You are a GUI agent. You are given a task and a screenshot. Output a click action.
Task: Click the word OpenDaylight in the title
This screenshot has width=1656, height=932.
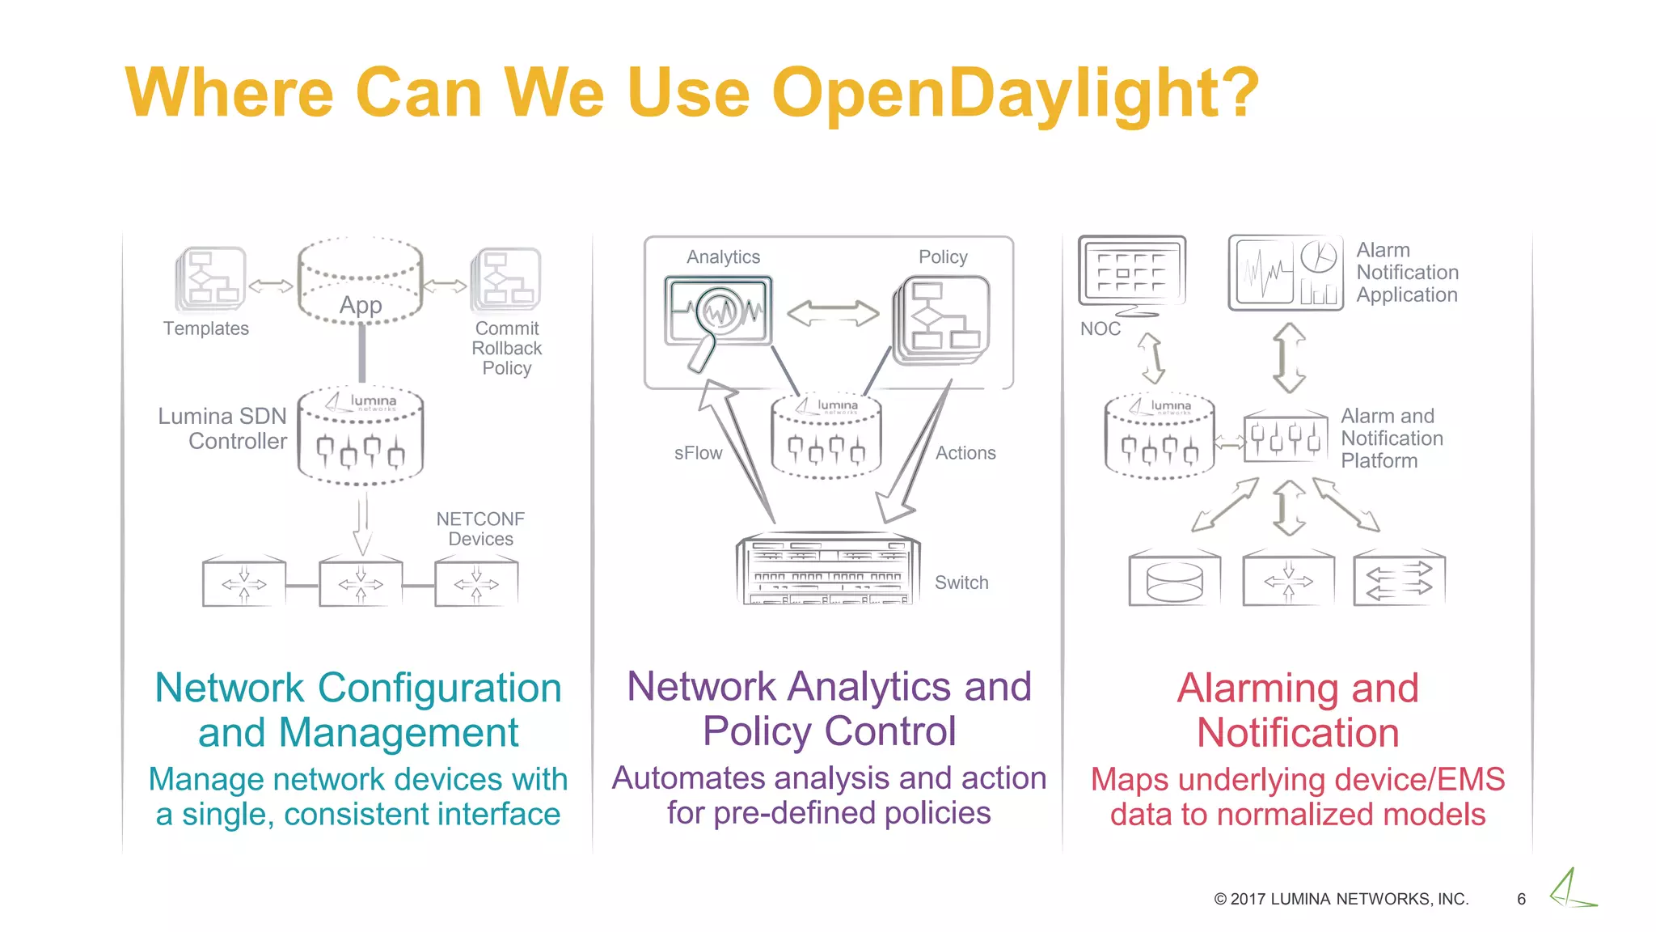1015,93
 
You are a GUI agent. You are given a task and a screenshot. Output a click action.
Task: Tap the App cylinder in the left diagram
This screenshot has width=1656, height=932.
360,282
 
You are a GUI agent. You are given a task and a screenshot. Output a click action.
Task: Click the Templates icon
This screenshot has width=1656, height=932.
211,279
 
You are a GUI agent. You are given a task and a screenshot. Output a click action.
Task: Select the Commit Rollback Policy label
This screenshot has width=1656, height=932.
507,348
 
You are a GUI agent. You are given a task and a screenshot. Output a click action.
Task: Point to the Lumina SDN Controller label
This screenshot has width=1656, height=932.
223,429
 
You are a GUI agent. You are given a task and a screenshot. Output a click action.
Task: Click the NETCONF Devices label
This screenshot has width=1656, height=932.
480,528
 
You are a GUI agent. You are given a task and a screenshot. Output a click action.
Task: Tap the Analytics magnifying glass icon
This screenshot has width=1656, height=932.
716,316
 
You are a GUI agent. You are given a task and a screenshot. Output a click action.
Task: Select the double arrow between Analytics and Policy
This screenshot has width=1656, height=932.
833,313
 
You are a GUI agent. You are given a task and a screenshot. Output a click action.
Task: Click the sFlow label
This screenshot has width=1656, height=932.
698,453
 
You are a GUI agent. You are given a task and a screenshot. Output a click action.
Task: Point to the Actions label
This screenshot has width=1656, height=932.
965,453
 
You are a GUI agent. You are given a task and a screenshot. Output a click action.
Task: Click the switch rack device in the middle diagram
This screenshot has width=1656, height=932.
828,570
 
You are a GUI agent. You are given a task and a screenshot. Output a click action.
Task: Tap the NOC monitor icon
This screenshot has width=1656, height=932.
1132,275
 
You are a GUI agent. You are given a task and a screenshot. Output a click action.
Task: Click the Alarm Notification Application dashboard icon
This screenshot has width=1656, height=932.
1285,273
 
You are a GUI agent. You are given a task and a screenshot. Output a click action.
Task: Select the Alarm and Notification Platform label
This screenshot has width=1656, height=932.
1392,438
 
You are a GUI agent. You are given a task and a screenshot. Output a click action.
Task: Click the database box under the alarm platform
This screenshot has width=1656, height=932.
1174,579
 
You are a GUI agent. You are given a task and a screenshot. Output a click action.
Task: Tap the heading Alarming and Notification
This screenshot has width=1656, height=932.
1297,710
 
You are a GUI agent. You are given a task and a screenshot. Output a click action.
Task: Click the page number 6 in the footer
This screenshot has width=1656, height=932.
1521,899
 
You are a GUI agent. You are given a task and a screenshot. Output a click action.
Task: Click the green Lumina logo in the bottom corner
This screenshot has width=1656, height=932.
1571,889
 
